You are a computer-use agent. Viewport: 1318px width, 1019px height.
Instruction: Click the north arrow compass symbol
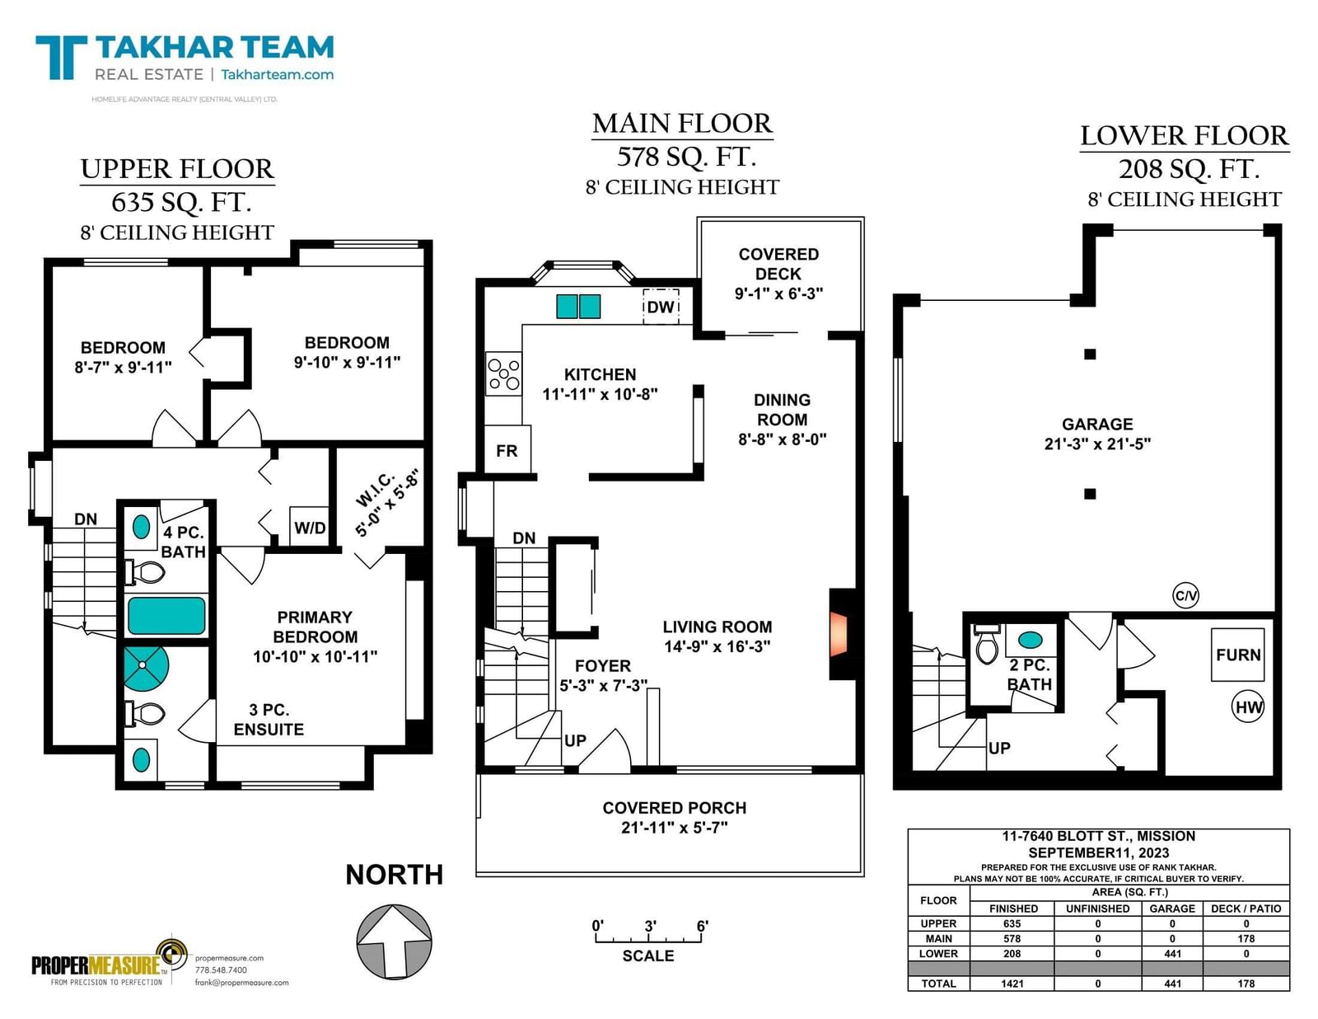[x=394, y=942]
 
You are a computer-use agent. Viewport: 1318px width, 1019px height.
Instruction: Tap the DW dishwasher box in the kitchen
[x=661, y=307]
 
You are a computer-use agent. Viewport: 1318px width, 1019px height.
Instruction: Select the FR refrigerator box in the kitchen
[x=507, y=449]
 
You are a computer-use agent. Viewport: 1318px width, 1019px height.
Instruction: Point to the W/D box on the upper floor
[x=310, y=527]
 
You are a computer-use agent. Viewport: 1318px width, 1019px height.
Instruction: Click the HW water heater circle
[x=1248, y=707]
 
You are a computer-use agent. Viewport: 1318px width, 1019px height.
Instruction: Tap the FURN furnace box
[x=1238, y=655]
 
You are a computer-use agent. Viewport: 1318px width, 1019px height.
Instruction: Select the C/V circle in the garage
[x=1185, y=595]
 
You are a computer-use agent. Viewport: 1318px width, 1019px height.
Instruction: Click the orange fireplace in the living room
[x=839, y=634]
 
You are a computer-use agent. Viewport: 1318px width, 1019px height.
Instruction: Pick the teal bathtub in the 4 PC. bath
[x=166, y=615]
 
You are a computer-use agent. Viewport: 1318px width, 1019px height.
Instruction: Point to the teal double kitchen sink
[x=578, y=307]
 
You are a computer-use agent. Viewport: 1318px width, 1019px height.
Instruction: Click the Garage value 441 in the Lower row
[x=1172, y=953]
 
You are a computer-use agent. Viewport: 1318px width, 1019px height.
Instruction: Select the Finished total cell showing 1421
[x=1012, y=984]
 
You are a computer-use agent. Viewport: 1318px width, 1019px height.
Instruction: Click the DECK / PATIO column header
[x=1246, y=909]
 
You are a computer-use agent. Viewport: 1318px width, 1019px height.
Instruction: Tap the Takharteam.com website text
[x=277, y=75]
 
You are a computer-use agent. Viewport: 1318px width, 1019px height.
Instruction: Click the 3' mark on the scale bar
[x=650, y=926]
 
